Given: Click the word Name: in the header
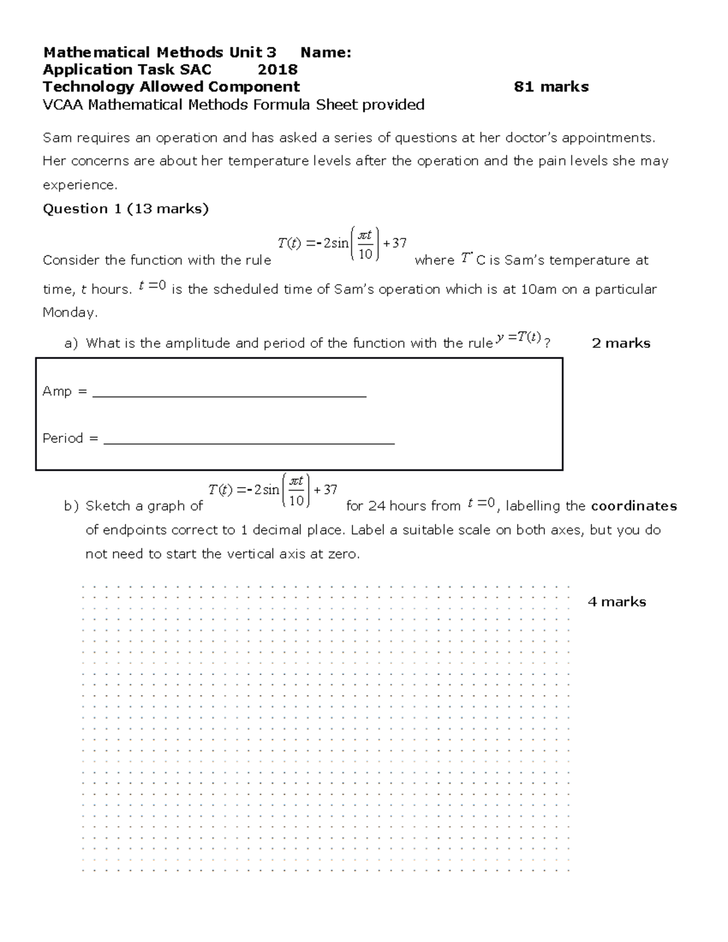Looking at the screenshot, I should click(x=326, y=53).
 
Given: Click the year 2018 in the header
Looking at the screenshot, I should click(x=277, y=70).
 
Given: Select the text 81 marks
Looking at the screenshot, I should click(x=551, y=87).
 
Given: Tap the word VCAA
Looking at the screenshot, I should click(x=63, y=105).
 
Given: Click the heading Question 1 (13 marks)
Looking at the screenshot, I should click(x=126, y=209).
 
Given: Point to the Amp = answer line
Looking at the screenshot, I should click(x=229, y=395).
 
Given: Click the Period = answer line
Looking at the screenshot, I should click(x=249, y=442).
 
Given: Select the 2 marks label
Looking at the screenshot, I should click(x=621, y=343).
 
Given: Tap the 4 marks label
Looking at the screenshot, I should click(x=616, y=602).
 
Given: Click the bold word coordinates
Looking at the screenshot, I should click(x=633, y=506).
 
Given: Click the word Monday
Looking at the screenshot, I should click(x=69, y=313).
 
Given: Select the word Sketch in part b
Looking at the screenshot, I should click(x=108, y=506).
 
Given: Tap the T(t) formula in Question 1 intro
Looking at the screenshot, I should click(x=342, y=244).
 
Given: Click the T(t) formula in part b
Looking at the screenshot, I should click(x=272, y=490).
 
